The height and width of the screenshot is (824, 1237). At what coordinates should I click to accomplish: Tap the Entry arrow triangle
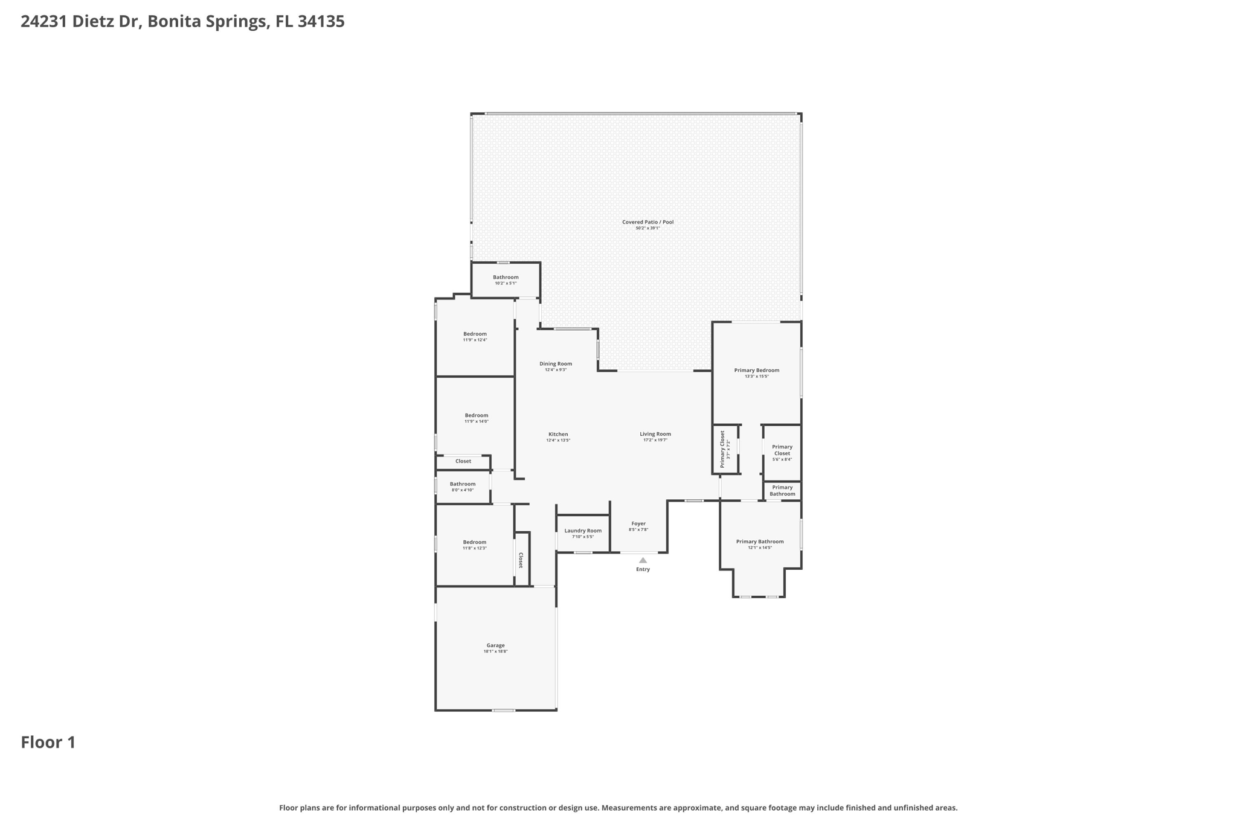pos(643,560)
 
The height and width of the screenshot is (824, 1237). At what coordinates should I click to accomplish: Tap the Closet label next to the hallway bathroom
pos(463,461)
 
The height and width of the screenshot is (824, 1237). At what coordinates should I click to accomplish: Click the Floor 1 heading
pos(48,742)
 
